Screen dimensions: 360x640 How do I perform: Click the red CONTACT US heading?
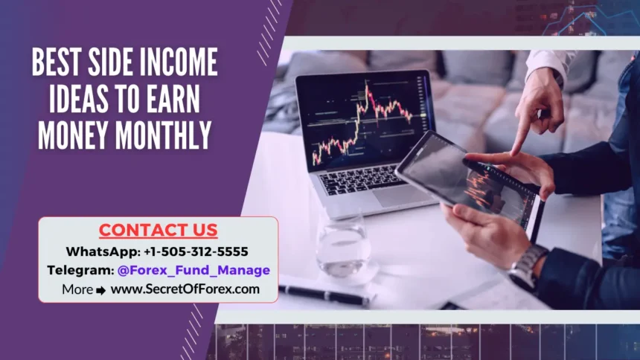(x=158, y=230)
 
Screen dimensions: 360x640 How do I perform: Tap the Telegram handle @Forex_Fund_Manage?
(x=193, y=270)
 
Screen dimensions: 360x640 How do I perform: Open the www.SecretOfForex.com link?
(x=185, y=289)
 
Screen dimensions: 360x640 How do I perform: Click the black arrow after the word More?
(x=101, y=289)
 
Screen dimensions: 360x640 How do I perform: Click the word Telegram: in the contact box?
(x=80, y=270)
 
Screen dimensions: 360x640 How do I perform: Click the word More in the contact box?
(x=77, y=289)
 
